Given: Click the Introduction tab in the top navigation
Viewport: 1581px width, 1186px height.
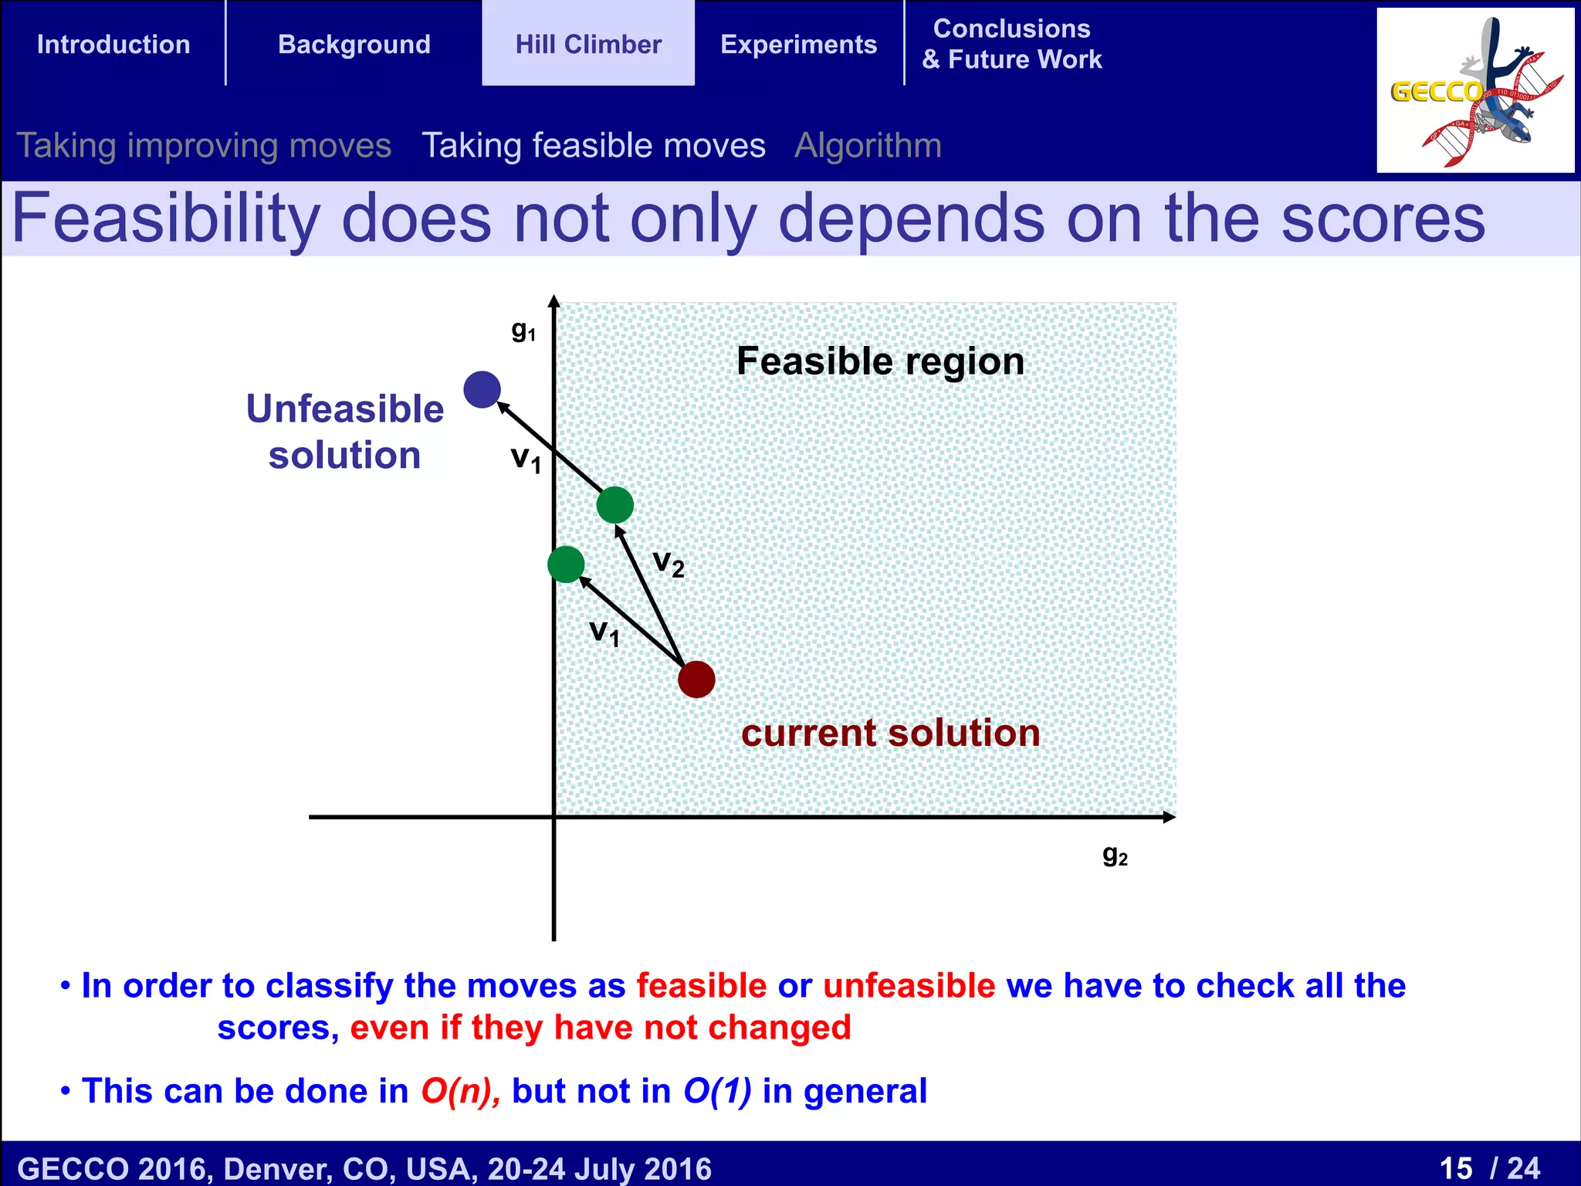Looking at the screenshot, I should pos(113,44).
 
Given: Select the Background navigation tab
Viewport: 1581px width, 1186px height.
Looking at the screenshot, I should pos(354,44).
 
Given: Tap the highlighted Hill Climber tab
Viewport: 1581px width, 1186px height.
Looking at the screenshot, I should pos(588,44).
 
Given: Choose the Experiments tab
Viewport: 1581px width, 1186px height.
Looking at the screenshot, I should pos(798,44).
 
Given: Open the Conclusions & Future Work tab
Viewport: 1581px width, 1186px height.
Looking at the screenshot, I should pos(1011,44).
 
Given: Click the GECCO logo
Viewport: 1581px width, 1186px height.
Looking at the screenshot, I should pos(1474,90).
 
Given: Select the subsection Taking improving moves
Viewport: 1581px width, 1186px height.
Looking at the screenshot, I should pos(204,145).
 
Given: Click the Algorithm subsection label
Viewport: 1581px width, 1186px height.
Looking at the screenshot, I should pos(868,145).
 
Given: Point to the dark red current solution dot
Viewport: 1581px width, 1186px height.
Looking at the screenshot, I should pos(696,679).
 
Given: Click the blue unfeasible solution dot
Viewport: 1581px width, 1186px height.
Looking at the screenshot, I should pos(482,389).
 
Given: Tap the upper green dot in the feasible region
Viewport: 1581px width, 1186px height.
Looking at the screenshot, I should pos(615,505).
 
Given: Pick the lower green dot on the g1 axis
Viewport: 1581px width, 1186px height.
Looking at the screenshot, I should pos(566,564).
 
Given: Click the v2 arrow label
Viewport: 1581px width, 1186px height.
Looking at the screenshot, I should pos(669,563).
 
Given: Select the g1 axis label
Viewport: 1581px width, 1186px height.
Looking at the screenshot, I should pos(523,330).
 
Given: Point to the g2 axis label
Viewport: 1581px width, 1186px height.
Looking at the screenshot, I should pos(1115,856).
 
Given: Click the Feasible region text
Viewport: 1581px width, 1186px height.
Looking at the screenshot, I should pos(880,361).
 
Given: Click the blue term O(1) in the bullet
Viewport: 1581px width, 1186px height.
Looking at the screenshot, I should pos(717,1091).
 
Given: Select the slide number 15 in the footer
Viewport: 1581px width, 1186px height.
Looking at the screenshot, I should pos(1456,1167).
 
